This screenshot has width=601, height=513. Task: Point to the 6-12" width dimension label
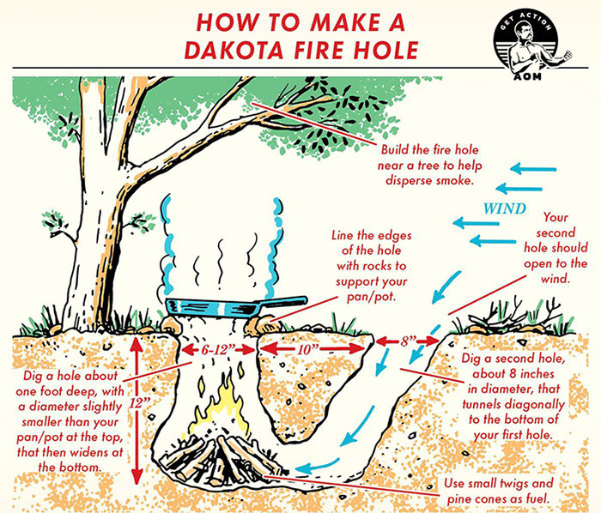[218, 350]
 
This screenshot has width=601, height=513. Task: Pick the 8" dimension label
[407, 341]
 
